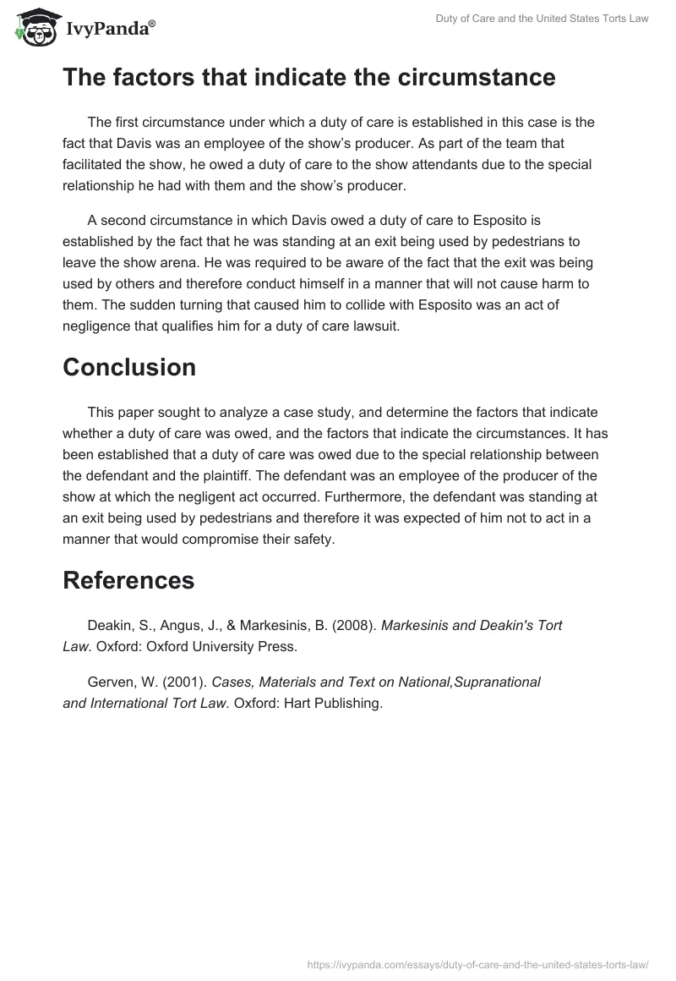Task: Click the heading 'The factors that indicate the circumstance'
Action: coord(309,77)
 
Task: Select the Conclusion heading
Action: coord(129,367)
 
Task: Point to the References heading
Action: coord(128,580)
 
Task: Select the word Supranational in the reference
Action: coord(498,682)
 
